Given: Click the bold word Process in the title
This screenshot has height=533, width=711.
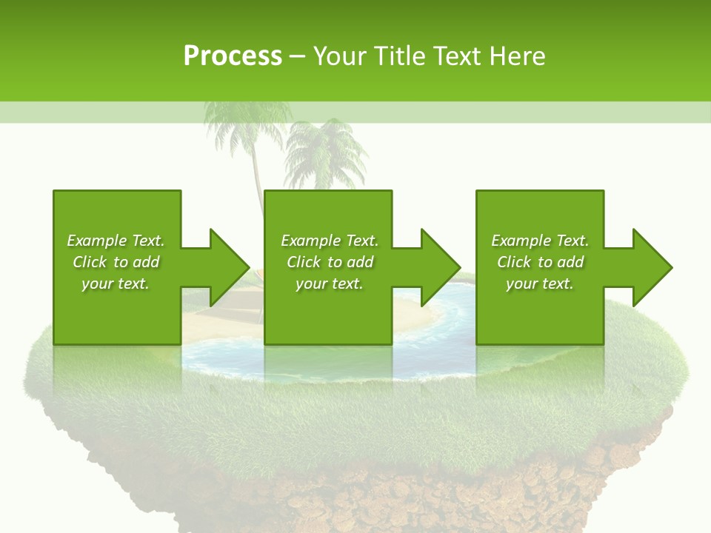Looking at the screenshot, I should coord(233,56).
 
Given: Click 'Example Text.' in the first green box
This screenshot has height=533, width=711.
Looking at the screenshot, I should coord(116,241).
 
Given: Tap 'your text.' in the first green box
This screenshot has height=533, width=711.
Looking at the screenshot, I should coord(116,284).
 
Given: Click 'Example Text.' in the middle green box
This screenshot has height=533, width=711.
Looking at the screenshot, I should coord(330,241).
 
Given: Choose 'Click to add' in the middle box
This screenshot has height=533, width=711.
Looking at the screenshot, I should coord(330,262).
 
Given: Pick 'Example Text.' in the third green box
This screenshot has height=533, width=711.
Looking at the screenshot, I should coord(540,241).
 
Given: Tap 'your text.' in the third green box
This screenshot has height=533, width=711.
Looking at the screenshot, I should coord(540,284).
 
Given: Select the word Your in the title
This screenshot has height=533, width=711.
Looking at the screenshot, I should coord(340,56).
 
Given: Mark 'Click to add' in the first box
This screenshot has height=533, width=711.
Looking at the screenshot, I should coord(116,262).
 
